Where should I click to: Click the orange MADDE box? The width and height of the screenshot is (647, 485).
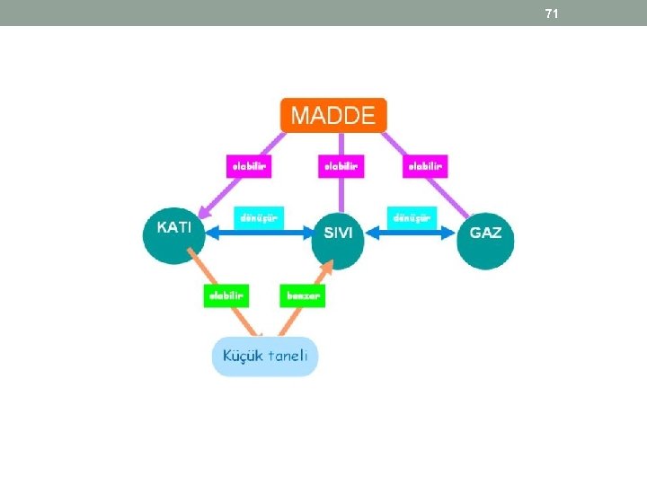333,115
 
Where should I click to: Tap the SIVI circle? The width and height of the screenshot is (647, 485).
338,234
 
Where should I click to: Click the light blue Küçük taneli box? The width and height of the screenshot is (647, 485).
265,356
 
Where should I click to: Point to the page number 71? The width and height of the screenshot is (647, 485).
552,13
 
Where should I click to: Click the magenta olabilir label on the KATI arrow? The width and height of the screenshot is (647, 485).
248,166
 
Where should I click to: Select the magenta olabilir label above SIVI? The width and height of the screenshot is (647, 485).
341,166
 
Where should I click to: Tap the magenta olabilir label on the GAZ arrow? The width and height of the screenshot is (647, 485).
425,166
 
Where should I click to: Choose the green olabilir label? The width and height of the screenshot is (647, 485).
226,295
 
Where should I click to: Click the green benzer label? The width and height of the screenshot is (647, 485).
303,295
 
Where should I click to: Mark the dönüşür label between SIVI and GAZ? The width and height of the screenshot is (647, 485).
412,217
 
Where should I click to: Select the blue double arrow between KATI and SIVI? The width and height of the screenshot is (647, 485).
261,233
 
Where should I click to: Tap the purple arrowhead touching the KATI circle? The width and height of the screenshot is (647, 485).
205,213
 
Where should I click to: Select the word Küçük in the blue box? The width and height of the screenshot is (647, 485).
244,356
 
